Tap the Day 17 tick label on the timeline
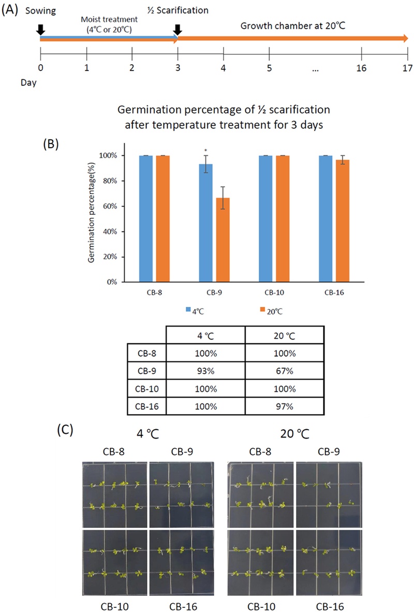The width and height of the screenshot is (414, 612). [x=407, y=68]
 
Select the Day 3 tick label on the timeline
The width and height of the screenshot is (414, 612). [x=178, y=68]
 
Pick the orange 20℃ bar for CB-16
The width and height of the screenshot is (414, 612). [x=341, y=221]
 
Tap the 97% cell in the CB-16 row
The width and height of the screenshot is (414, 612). [x=285, y=407]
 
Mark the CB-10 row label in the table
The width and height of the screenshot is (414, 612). [x=147, y=389]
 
